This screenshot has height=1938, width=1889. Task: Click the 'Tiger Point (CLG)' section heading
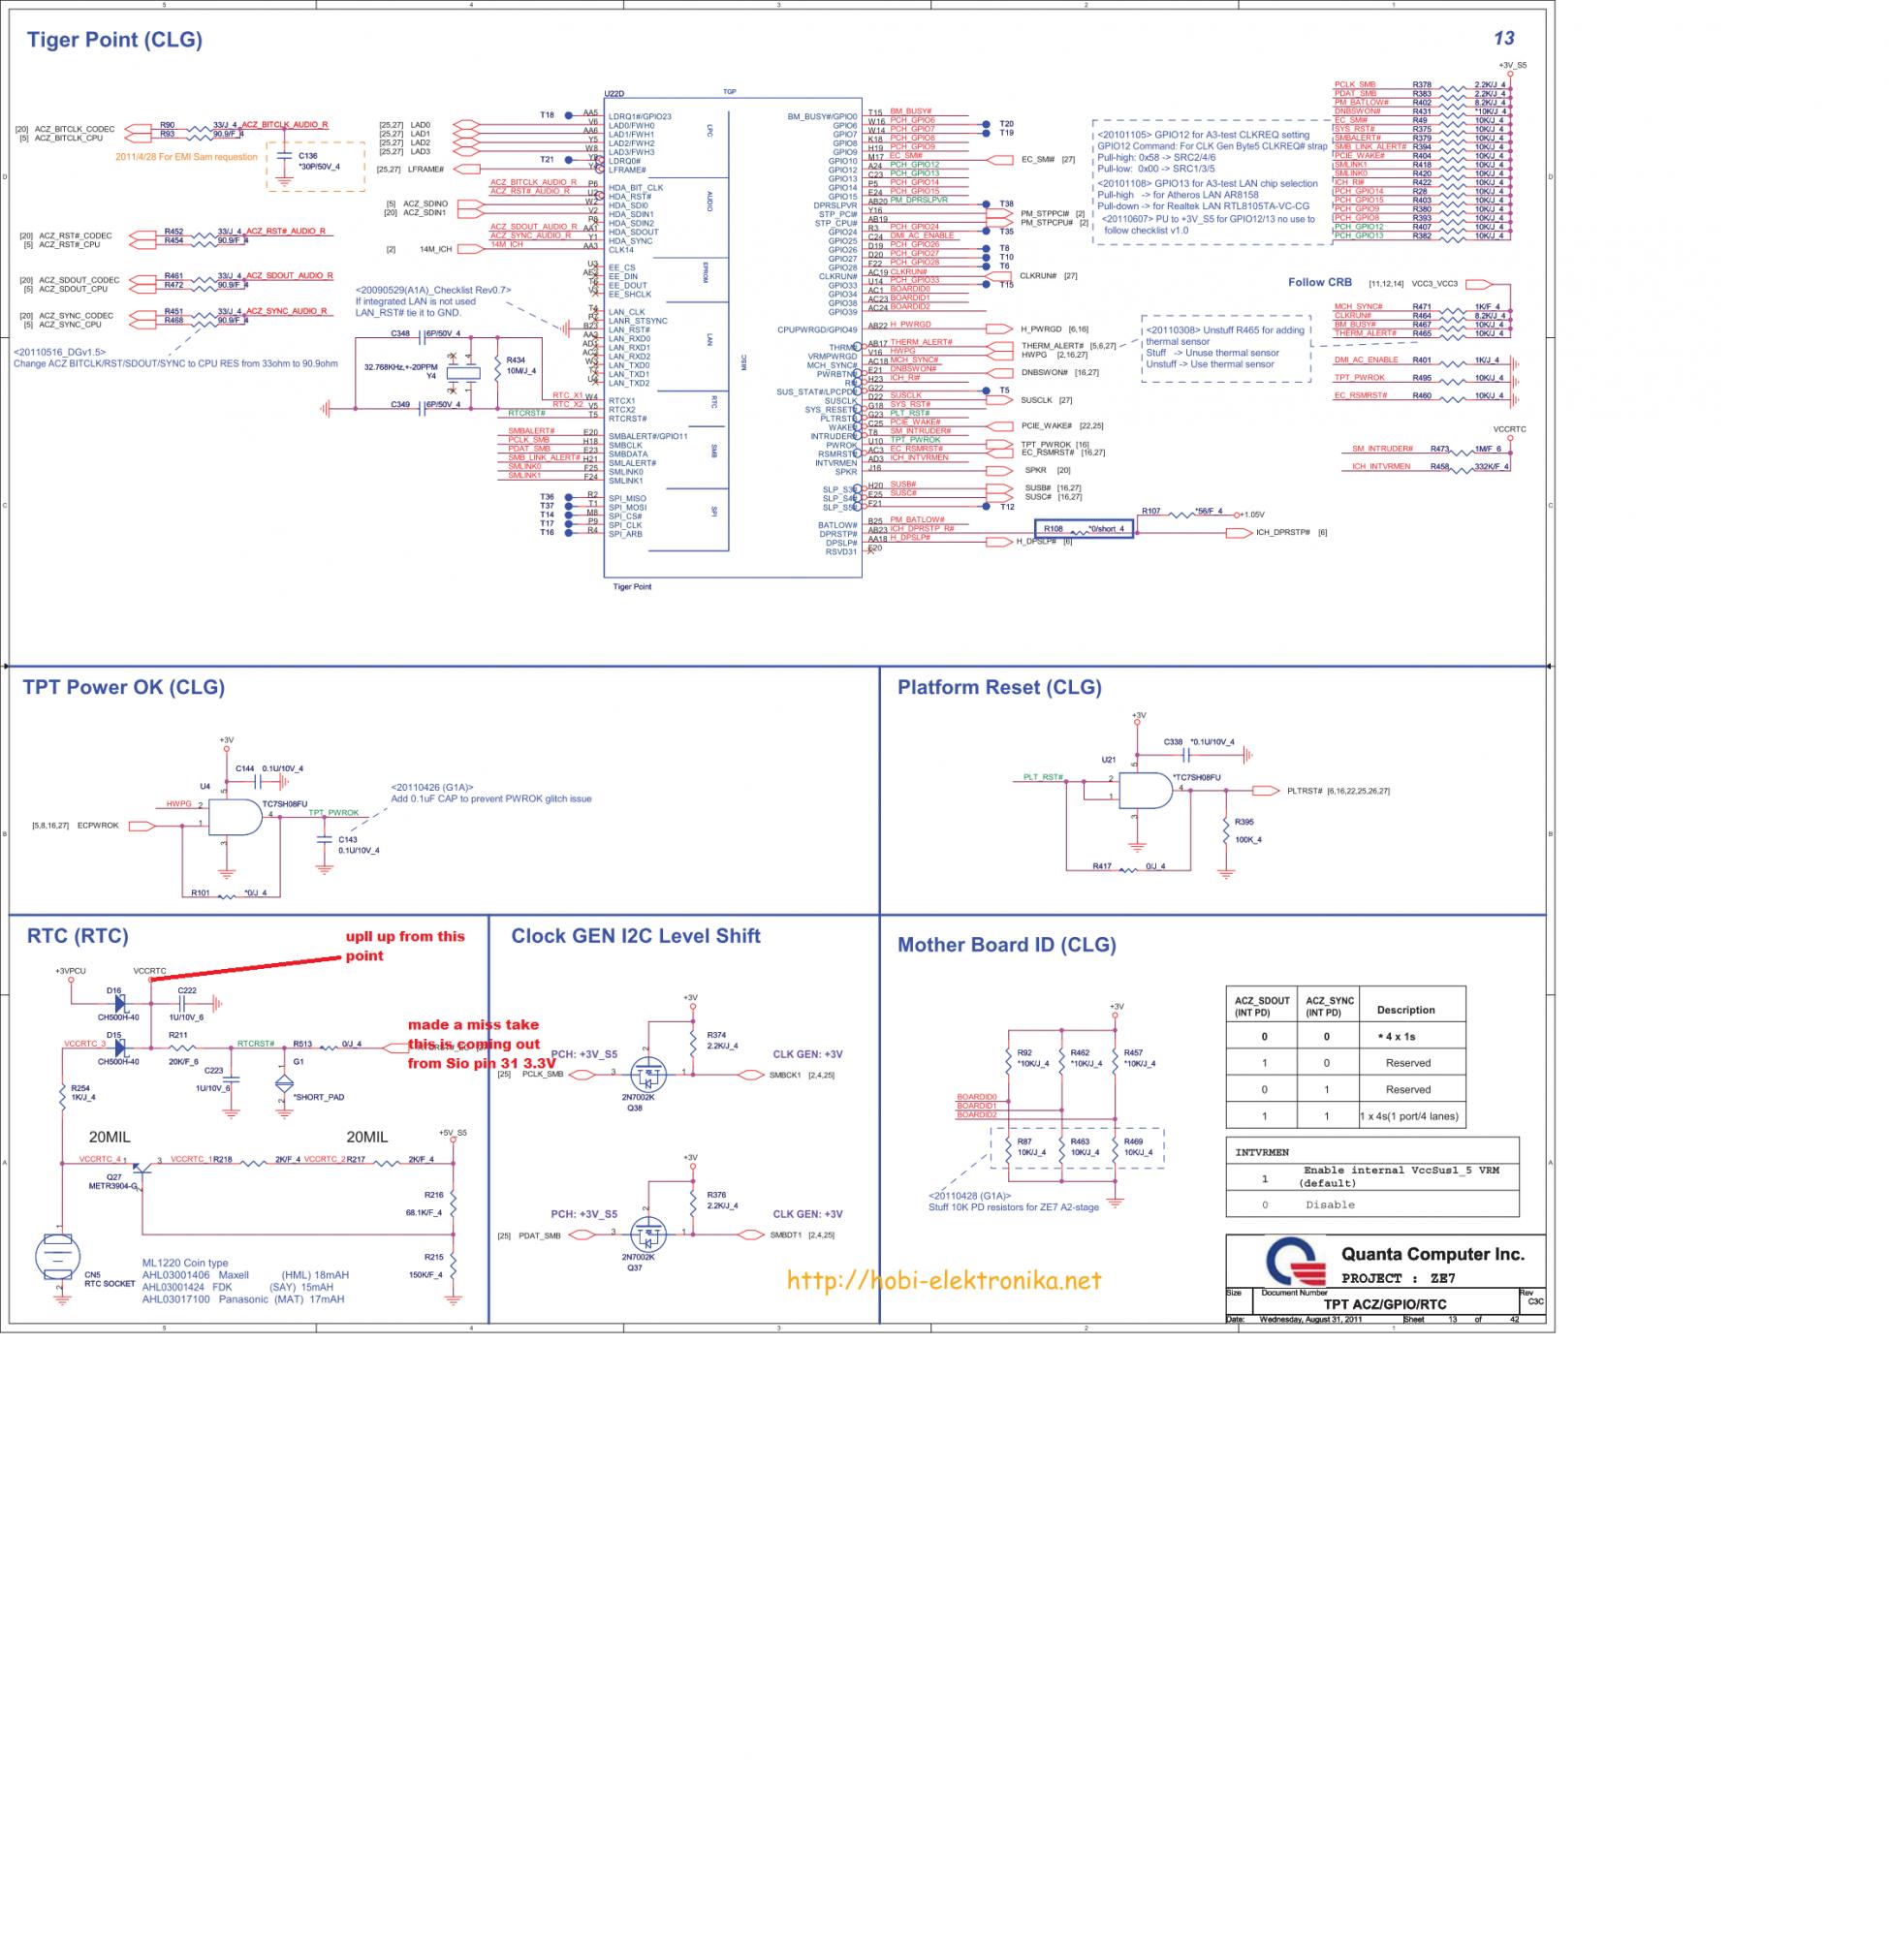coord(114,40)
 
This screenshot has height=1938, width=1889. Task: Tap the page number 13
coord(1503,38)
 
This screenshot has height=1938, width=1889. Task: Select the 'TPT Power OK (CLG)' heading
coord(123,686)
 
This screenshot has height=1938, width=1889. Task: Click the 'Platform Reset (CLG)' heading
coord(999,686)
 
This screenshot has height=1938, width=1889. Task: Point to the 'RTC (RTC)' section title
coord(77,935)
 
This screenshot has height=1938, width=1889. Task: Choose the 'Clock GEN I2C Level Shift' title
coord(635,935)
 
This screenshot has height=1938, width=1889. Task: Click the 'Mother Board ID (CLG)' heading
coord(1006,944)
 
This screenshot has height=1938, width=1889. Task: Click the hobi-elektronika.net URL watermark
coord(943,1280)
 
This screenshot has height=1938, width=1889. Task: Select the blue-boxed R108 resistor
coord(1084,529)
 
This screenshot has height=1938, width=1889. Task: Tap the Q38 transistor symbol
coord(647,1072)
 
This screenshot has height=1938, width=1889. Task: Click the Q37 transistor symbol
coord(647,1233)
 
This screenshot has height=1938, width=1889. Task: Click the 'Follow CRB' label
coord(1319,283)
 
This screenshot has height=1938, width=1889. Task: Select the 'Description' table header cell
coord(1404,1010)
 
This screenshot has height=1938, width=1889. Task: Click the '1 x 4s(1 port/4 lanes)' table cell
coord(1408,1115)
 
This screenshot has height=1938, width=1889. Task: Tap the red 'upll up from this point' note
coord(404,945)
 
